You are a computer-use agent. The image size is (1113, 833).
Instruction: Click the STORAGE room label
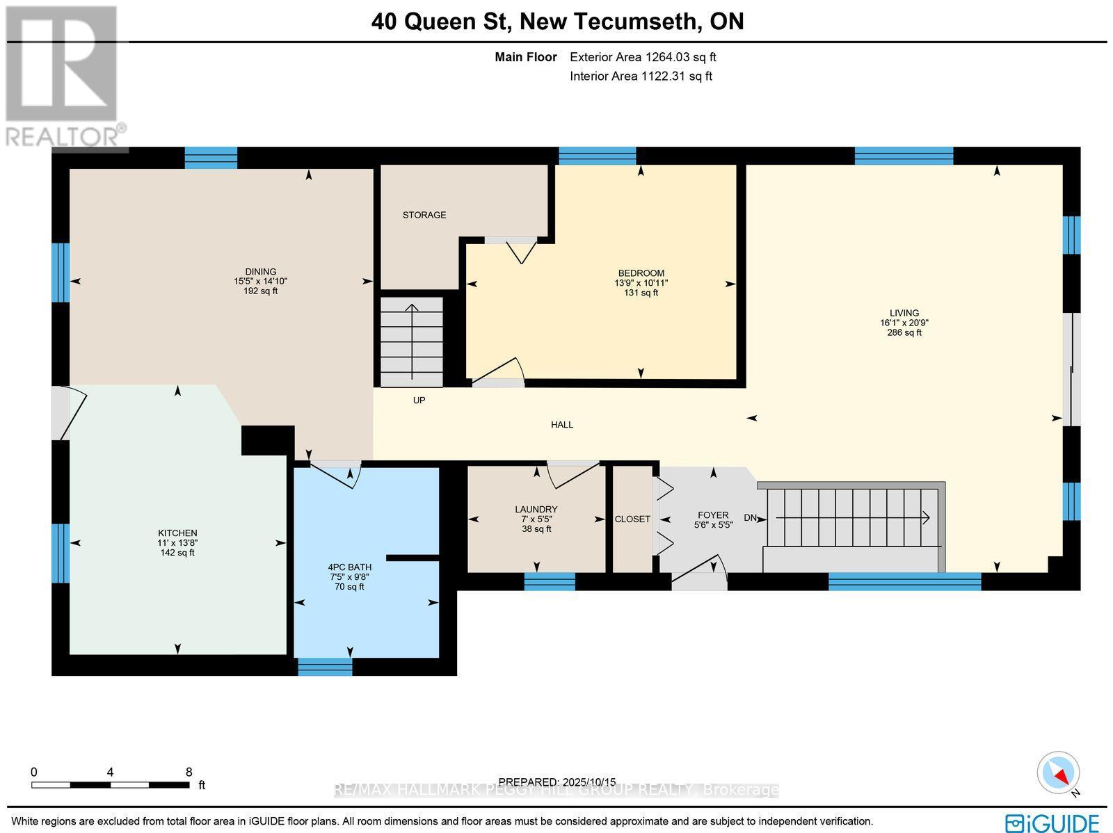tap(424, 215)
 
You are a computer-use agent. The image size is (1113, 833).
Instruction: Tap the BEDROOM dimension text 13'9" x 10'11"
tap(641, 283)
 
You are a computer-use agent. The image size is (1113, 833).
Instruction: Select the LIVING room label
tap(904, 313)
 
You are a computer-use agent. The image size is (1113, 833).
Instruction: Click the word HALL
tap(562, 424)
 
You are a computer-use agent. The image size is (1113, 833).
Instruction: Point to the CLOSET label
tap(632, 519)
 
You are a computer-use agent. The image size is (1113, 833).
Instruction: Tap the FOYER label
tap(713, 515)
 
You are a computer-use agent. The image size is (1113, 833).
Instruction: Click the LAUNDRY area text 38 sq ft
tap(536, 528)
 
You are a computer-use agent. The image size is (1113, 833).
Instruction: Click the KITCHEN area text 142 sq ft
tap(177, 553)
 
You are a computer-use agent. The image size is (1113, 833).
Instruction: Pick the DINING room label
tap(261, 272)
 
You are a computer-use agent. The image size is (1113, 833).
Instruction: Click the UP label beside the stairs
tap(419, 401)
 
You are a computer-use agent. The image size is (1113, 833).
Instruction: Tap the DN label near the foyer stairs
tap(751, 517)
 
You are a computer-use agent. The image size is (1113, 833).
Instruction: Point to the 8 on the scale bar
tap(189, 772)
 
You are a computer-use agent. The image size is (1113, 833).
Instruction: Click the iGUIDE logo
tap(1052, 823)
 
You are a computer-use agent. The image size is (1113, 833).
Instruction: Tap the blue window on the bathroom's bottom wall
tap(325, 667)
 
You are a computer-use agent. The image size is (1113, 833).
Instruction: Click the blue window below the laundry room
tap(550, 581)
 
